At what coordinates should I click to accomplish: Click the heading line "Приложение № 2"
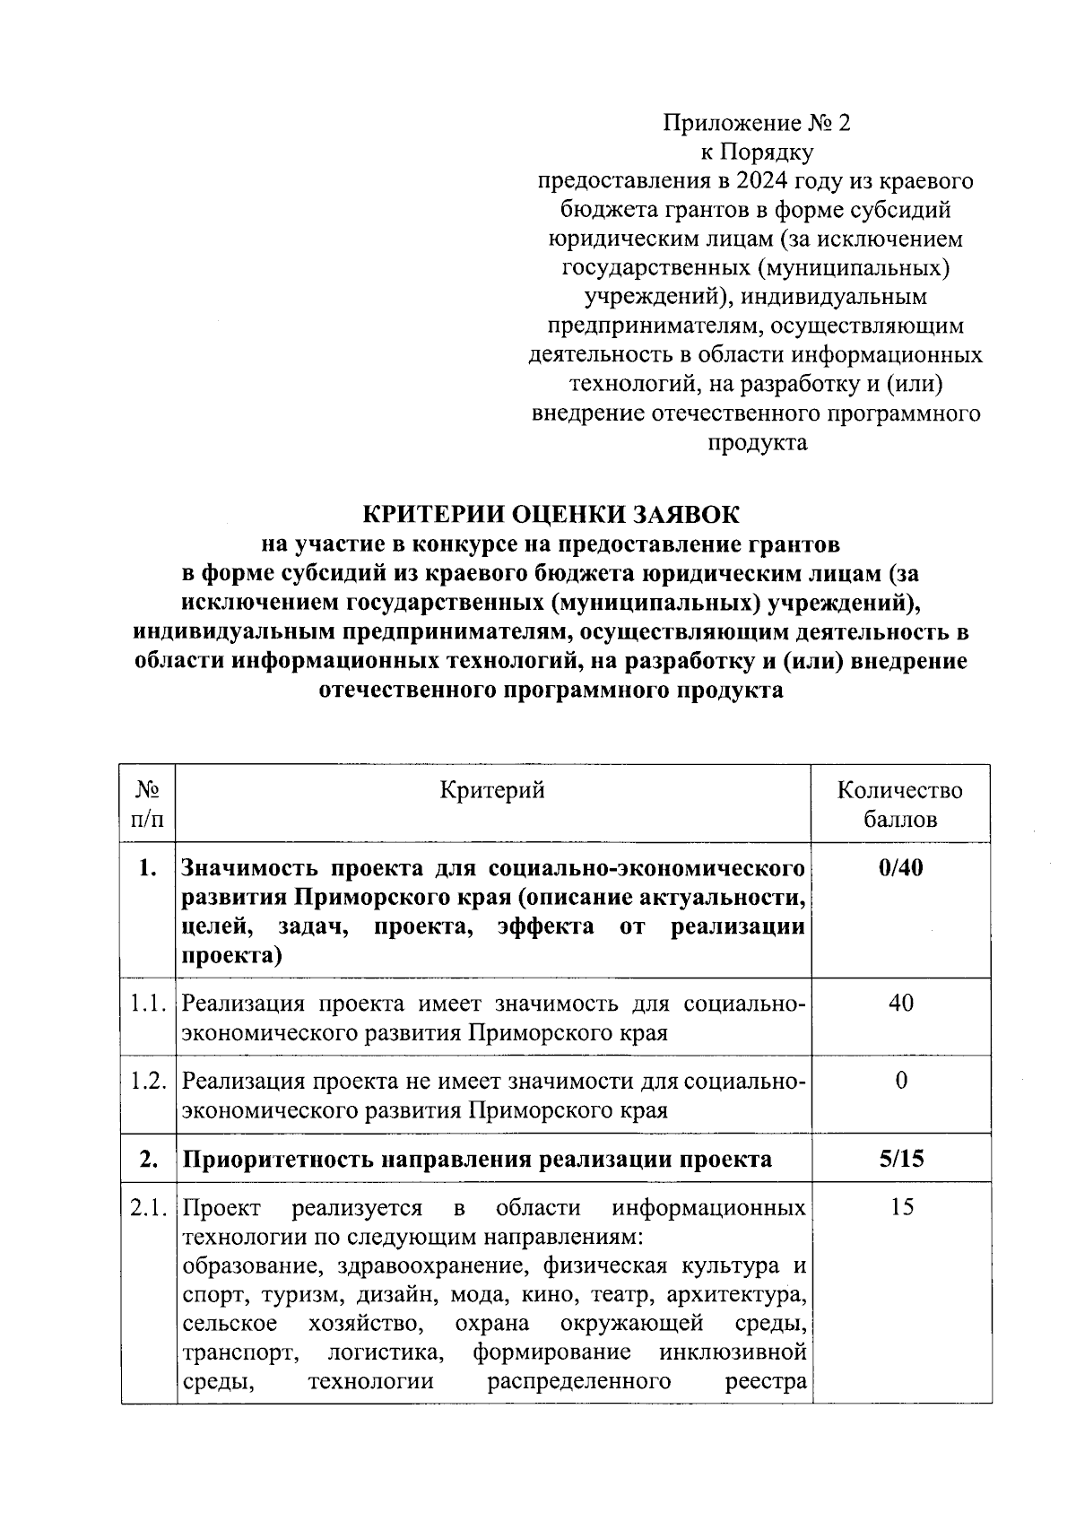tap(756, 123)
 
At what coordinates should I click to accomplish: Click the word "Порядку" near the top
tap(777, 152)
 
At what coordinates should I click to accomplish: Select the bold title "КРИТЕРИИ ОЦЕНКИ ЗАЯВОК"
tap(551, 515)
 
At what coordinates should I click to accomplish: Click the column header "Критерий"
tap(492, 790)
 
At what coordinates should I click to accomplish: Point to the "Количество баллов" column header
tap(900, 804)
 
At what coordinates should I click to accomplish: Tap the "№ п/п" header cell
tap(148, 804)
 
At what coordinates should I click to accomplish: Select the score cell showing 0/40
tap(901, 868)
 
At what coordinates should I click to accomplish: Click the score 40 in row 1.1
tap(901, 1003)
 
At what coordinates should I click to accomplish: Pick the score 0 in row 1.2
tap(901, 1081)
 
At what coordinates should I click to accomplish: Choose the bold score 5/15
tap(901, 1159)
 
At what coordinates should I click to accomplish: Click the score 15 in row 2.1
tap(902, 1207)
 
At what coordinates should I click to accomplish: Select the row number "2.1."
tap(148, 1208)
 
